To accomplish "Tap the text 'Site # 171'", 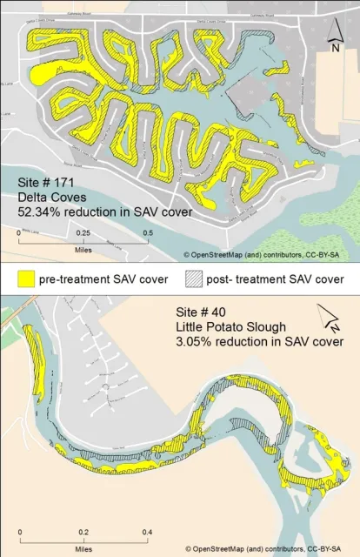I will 46,184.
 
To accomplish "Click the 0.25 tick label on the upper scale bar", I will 83,234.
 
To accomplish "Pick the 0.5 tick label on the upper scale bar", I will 148,234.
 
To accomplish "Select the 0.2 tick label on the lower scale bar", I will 83,531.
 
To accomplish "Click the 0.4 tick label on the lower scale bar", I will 147,531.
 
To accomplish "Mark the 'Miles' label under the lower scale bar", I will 83,549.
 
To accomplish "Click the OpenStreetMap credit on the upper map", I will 269,254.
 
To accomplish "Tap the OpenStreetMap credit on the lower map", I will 269,549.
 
